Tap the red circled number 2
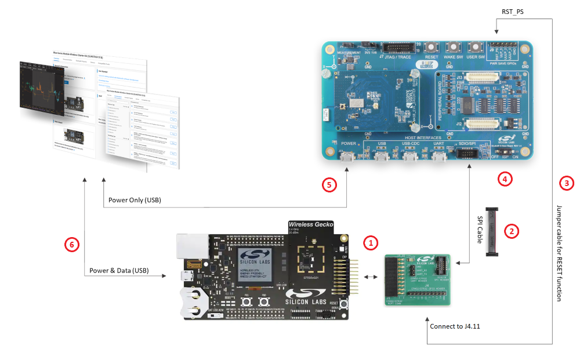[511, 230]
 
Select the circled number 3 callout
[566, 183]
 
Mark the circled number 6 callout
[72, 245]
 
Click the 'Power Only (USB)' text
[135, 200]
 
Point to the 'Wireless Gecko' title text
[312, 224]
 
